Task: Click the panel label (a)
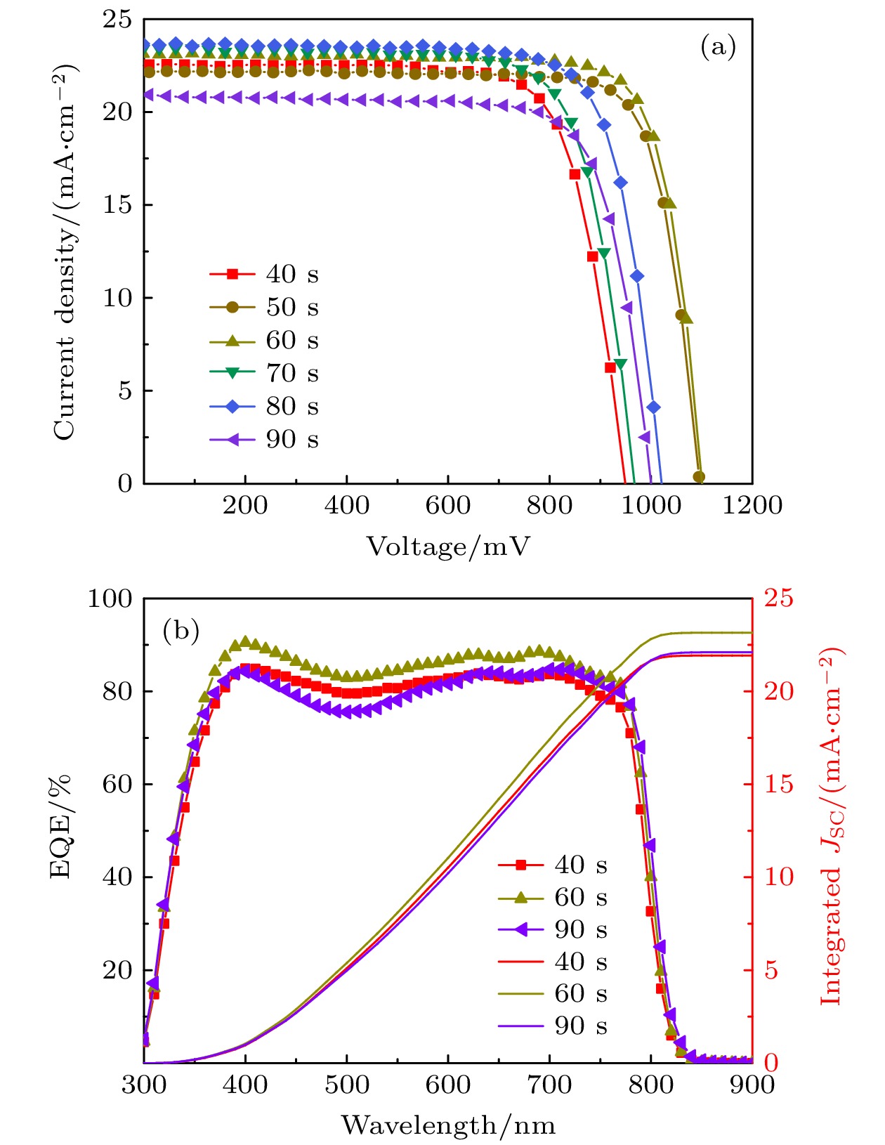click(717, 47)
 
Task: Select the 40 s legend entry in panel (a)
click(264, 274)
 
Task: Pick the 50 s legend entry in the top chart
click(264, 307)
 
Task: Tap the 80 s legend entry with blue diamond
click(264, 406)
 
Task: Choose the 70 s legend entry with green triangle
click(264, 373)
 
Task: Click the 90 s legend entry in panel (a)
click(264, 440)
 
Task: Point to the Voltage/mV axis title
click(447, 547)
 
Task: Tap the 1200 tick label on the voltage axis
click(752, 505)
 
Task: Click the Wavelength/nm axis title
click(447, 1126)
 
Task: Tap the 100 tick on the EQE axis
click(110, 599)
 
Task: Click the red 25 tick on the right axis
click(778, 598)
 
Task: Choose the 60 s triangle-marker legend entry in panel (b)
click(552, 897)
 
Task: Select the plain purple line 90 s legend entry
click(552, 1026)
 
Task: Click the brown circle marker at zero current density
click(699, 477)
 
